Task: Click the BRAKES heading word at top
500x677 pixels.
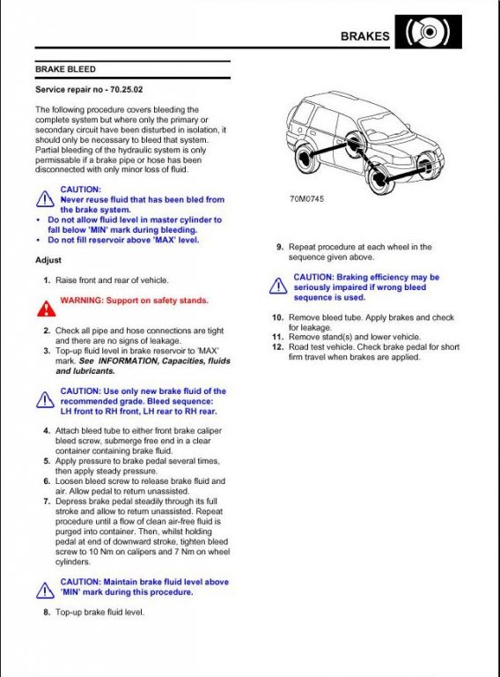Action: click(364, 36)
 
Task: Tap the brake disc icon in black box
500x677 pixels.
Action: click(428, 32)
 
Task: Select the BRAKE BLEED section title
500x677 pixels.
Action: click(65, 69)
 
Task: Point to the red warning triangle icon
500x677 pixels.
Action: click(46, 309)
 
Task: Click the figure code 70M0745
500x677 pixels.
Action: click(306, 198)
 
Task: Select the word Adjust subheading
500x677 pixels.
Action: click(48, 260)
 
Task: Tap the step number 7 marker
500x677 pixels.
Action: click(47, 502)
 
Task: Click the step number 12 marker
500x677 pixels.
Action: click(278, 346)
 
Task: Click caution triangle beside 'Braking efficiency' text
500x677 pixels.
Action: click(278, 286)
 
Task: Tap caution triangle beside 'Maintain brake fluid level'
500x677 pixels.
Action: click(45, 591)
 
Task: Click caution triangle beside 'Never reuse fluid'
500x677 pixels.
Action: click(45, 198)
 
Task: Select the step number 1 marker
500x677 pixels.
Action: click(47, 280)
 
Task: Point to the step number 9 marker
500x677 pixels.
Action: click(280, 247)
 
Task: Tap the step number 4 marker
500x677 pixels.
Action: click(47, 430)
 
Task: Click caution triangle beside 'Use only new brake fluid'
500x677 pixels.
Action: click(45, 400)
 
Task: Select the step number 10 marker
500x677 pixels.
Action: click(278, 317)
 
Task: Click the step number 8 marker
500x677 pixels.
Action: click(47, 612)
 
